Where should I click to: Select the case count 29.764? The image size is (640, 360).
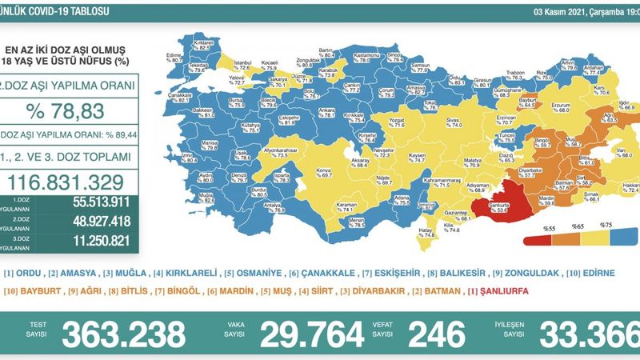click(x=308, y=333)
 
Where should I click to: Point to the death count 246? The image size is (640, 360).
click(x=437, y=333)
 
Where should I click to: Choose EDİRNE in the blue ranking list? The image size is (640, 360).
click(x=597, y=274)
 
